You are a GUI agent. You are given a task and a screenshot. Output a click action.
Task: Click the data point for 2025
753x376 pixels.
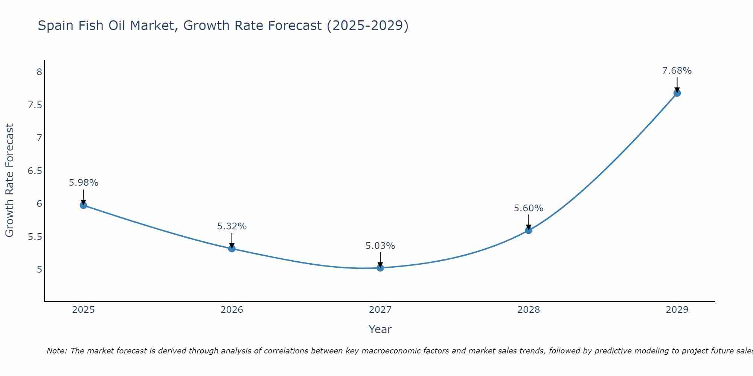point(83,205)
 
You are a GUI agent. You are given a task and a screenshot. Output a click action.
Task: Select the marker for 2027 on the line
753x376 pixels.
point(380,268)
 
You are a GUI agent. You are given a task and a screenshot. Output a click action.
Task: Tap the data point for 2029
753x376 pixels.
point(677,93)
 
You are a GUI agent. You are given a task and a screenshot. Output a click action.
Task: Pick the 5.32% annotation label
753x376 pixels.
point(232,226)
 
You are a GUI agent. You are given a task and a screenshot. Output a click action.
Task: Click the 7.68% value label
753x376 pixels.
point(677,71)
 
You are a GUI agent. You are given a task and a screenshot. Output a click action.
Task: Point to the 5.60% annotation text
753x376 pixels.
point(528,208)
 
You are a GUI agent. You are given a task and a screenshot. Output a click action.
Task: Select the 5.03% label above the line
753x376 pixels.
point(380,246)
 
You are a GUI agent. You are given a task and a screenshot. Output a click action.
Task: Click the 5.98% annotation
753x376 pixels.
point(83,183)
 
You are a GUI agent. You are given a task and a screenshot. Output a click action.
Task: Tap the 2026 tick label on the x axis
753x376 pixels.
point(232,310)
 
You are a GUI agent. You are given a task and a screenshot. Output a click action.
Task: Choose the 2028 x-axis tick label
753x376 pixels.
point(528,310)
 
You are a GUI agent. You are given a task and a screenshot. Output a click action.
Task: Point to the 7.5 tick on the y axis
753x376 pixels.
point(35,105)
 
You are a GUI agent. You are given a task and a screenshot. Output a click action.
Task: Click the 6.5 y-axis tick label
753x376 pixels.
point(35,171)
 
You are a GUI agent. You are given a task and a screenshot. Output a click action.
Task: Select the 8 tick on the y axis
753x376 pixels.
point(39,72)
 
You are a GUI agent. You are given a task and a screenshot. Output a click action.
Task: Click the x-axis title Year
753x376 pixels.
point(380,329)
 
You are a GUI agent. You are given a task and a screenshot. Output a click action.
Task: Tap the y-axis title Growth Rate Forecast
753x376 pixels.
point(9,180)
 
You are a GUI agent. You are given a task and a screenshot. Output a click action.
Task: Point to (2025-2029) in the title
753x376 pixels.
point(367,26)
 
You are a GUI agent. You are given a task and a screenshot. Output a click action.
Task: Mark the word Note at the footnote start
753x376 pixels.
point(56,351)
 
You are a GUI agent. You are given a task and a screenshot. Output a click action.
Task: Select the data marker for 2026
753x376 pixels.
point(232,249)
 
